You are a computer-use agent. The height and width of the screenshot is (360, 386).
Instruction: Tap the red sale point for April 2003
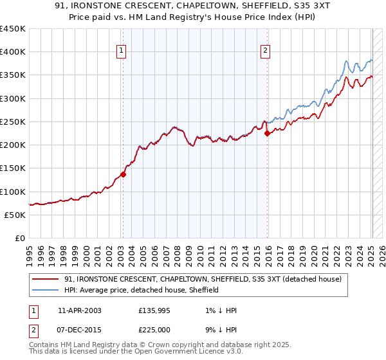coord(123,174)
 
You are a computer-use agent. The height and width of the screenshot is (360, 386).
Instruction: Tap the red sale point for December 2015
coord(268,133)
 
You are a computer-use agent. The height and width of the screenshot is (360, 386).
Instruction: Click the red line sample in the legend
coord(46,280)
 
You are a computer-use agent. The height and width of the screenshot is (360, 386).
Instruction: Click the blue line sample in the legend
coord(46,291)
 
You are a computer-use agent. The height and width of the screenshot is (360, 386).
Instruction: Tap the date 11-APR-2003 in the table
coord(79,310)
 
